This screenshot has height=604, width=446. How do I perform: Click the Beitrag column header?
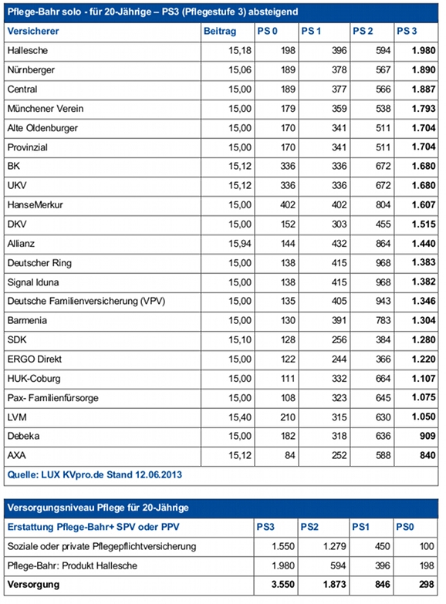[x=220, y=31]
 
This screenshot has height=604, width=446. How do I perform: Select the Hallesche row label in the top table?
[x=27, y=50]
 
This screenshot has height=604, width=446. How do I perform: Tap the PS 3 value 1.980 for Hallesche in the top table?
[x=424, y=50]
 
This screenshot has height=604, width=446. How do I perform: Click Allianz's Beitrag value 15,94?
[x=240, y=244]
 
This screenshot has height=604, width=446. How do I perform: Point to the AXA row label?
[x=16, y=455]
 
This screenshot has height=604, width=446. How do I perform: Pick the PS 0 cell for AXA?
[x=289, y=455]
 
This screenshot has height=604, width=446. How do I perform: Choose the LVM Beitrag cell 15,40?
[x=240, y=417]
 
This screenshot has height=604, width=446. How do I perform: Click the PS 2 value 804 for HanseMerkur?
[x=383, y=205]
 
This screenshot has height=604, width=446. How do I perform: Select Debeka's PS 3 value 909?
[x=427, y=436]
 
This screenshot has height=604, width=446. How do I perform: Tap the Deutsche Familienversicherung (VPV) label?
[x=86, y=302]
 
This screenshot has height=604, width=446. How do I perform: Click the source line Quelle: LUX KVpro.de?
[x=94, y=474]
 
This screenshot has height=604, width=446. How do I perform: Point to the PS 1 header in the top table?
[x=311, y=31]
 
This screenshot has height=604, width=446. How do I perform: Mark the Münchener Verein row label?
[x=46, y=109]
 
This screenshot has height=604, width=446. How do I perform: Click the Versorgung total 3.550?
[x=283, y=585]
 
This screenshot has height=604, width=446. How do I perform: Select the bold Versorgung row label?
[x=33, y=585]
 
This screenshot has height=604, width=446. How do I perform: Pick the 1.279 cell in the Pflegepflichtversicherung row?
[x=335, y=546]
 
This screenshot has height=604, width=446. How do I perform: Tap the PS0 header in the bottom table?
[x=405, y=527]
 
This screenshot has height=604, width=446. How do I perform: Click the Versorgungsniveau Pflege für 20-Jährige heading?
[x=98, y=508]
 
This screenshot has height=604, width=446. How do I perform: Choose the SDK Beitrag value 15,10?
[x=240, y=339]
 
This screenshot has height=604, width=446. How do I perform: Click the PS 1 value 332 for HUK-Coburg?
[x=340, y=379]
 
